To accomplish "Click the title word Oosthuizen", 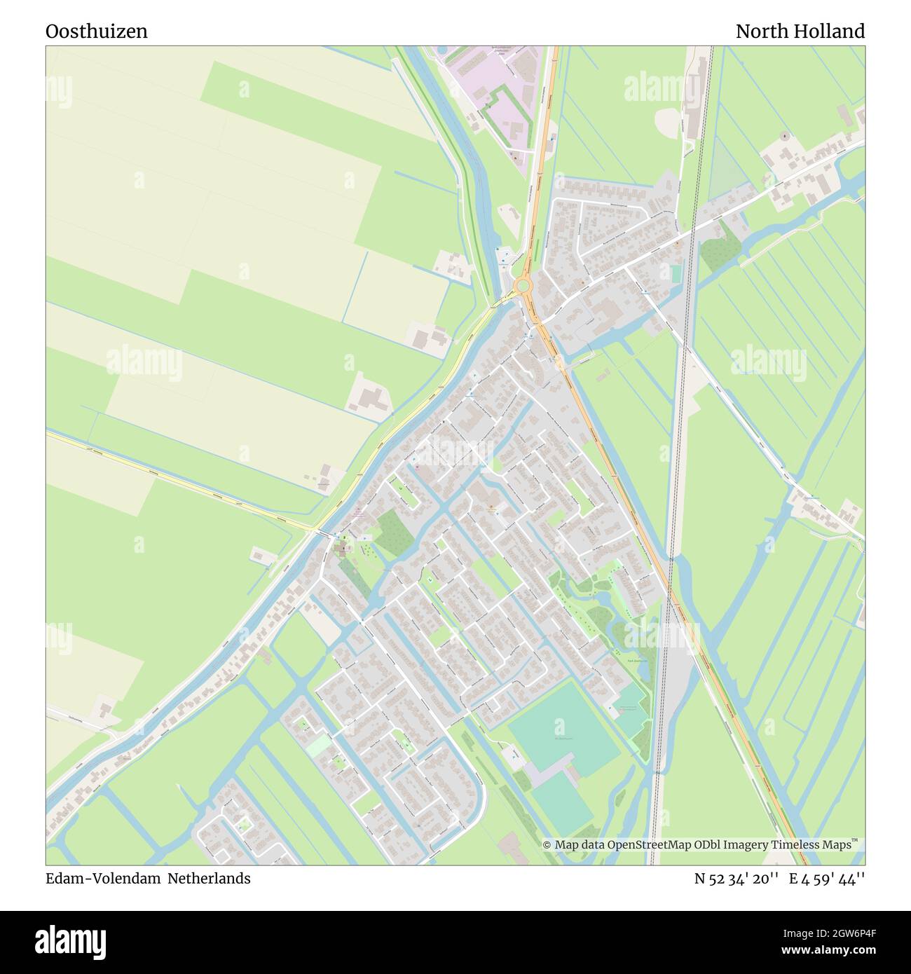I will [x=97, y=32].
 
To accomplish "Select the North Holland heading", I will [x=800, y=32].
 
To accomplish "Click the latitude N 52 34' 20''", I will [x=736, y=878].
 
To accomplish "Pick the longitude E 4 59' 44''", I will [x=827, y=878].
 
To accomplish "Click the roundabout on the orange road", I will [x=522, y=285].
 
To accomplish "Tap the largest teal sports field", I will [x=563, y=729].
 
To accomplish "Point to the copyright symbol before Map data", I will [x=547, y=845].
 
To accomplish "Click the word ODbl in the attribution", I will [x=694, y=845].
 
